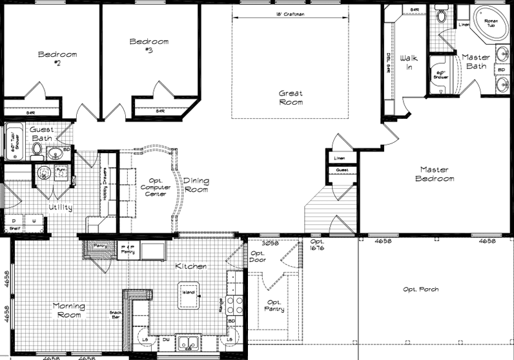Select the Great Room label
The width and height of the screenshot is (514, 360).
click(x=291, y=98)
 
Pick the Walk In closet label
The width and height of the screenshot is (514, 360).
click(x=409, y=62)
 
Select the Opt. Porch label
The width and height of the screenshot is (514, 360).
click(x=420, y=289)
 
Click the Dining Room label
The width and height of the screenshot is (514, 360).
click(x=196, y=185)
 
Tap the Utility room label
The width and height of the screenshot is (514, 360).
click(x=60, y=207)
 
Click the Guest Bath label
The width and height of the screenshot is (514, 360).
click(x=43, y=133)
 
